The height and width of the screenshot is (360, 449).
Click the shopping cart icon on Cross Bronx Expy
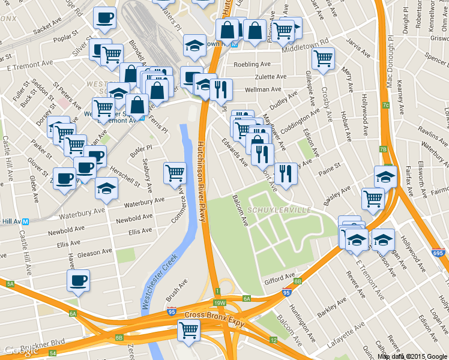[189, 330]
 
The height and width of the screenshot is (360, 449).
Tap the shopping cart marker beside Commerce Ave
[175, 173]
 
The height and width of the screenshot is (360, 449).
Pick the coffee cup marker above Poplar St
[105, 17]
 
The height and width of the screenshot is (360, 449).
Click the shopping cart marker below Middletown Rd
[323, 58]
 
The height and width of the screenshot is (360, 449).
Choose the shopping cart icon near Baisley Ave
[373, 198]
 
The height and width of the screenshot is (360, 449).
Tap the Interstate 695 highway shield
[437, 254]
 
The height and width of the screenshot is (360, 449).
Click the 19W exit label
[220, 303]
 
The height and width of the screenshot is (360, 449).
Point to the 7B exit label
[383, 149]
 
